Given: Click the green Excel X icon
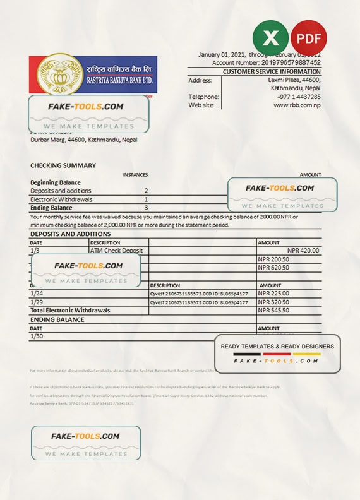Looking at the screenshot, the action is click(x=270, y=38).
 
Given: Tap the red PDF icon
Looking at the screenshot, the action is click(x=309, y=38).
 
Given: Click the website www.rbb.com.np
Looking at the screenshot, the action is click(x=297, y=105).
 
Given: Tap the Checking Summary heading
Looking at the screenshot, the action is click(x=63, y=165).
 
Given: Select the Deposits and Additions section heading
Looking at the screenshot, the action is click(x=70, y=234).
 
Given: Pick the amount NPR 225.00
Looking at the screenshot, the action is click(x=273, y=294).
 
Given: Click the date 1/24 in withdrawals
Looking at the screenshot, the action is click(x=37, y=294).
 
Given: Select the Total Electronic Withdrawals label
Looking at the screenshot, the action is click(x=70, y=311).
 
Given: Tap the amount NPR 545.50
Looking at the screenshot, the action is click(x=273, y=311).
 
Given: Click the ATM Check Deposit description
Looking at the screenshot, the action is click(x=117, y=251).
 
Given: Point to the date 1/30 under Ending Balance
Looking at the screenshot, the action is click(x=37, y=336).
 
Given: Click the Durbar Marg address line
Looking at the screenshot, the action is click(x=83, y=140).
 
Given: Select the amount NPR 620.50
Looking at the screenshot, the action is click(x=273, y=268).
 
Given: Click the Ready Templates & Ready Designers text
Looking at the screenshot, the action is click(x=277, y=346).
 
